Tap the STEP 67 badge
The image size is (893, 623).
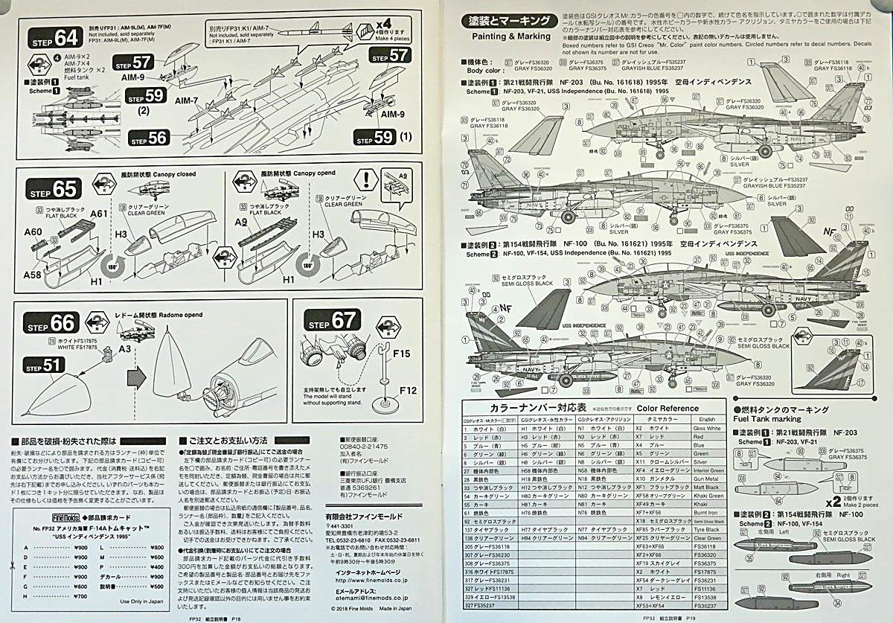pyautogui.click(x=333, y=322)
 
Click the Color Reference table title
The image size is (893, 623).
pyautogui.click(x=668, y=408)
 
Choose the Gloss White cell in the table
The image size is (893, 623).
pyautogui.click(x=706, y=429)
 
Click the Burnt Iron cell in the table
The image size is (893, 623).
pyautogui.click(x=706, y=512)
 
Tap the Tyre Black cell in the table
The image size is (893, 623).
pyautogui.click(x=706, y=529)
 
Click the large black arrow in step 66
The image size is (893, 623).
pyautogui.click(x=136, y=377)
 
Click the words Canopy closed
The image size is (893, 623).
pyautogui.click(x=176, y=174)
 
